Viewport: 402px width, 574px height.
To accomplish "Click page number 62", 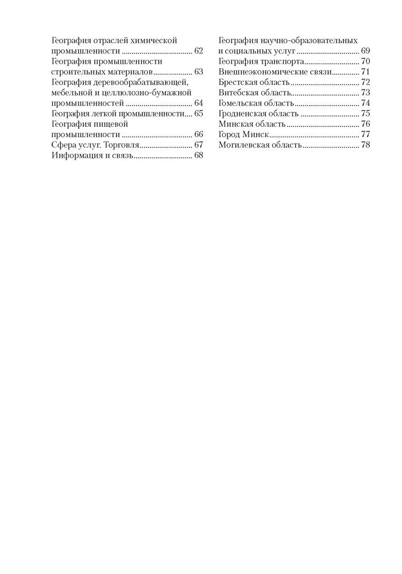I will pos(199,52).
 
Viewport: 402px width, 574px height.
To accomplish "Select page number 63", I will pos(199,72).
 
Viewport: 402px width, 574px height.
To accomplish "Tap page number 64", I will pos(199,103).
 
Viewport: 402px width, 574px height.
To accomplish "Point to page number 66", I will pos(199,134).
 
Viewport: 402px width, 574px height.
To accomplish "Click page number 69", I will pos(366,52).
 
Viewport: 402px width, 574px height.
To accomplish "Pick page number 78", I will pos(366,145).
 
